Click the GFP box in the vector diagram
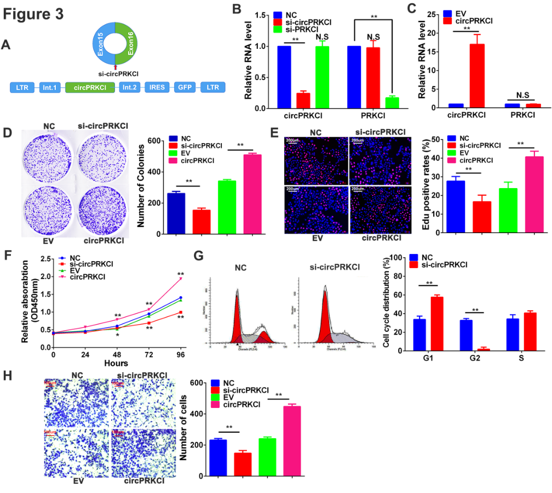pos(183,87)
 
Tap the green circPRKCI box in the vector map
pos(90,87)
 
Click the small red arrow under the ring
pos(115,67)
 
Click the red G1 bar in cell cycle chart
pos(436,324)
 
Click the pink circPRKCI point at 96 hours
pos(181,279)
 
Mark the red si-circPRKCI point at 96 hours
pos(181,312)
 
